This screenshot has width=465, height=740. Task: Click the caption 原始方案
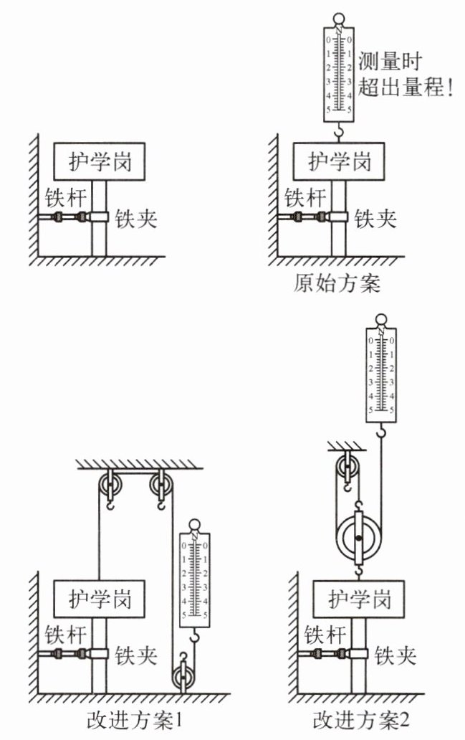[x=337, y=283]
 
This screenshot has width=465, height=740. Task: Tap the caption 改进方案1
[x=135, y=719]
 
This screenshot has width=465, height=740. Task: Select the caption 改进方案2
[x=361, y=719]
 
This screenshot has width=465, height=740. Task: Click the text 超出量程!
[x=405, y=87]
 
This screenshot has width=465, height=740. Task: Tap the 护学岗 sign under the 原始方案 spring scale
[x=339, y=161]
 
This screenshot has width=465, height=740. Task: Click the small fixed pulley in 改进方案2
[x=347, y=468]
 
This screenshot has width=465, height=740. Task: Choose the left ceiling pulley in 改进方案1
[x=110, y=485]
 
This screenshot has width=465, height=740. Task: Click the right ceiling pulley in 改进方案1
[x=162, y=485]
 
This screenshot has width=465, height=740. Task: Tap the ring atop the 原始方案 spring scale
[x=339, y=20]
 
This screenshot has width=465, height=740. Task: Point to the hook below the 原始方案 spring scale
[x=338, y=133]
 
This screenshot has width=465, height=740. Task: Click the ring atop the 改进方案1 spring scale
[x=194, y=525]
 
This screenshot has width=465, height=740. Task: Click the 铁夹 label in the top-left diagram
[x=136, y=219]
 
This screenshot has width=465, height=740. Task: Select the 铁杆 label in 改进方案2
[x=325, y=635]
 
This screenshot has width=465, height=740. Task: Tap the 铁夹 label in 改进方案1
[x=136, y=655]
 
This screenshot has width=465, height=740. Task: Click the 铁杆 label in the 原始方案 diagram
[x=305, y=198]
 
